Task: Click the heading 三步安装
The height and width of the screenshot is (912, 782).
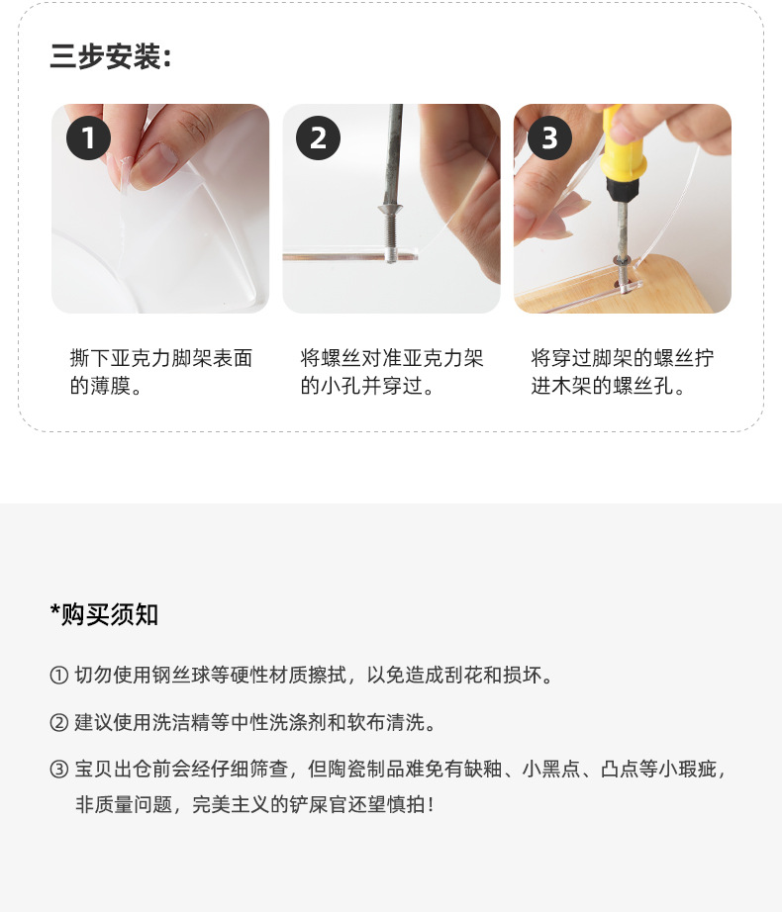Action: (110, 57)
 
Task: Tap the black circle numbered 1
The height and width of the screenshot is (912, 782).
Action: (88, 137)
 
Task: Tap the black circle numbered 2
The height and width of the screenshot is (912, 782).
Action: (318, 137)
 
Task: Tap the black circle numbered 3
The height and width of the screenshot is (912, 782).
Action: (548, 137)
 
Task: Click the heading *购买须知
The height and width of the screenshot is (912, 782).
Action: (104, 614)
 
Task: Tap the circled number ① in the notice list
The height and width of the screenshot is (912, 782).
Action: (58, 676)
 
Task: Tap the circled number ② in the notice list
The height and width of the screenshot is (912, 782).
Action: (58, 722)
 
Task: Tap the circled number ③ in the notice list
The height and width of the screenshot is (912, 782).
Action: (58, 770)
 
